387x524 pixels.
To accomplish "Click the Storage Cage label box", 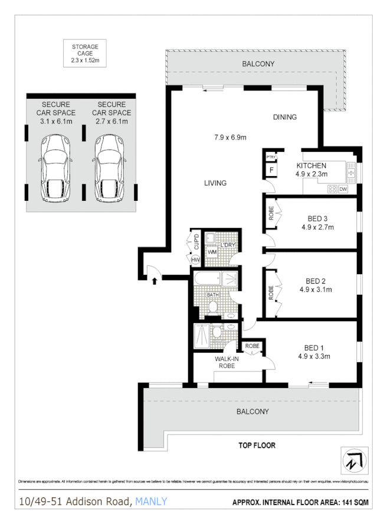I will (85, 53).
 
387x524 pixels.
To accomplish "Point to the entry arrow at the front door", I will (155, 281).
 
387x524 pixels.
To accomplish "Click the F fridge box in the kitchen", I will (271, 171).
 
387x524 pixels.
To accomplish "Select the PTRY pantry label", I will (271, 157).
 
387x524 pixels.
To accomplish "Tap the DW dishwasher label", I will (343, 189).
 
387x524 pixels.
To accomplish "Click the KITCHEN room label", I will (311, 165).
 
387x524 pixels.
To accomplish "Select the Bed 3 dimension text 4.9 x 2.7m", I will (317, 227).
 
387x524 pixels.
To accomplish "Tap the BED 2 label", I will (316, 281).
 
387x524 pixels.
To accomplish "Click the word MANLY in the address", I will (151, 502).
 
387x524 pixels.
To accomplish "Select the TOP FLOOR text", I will (257, 445).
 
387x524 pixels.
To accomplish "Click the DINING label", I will (284, 117).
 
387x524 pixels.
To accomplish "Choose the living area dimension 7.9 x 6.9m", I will (229, 138).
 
